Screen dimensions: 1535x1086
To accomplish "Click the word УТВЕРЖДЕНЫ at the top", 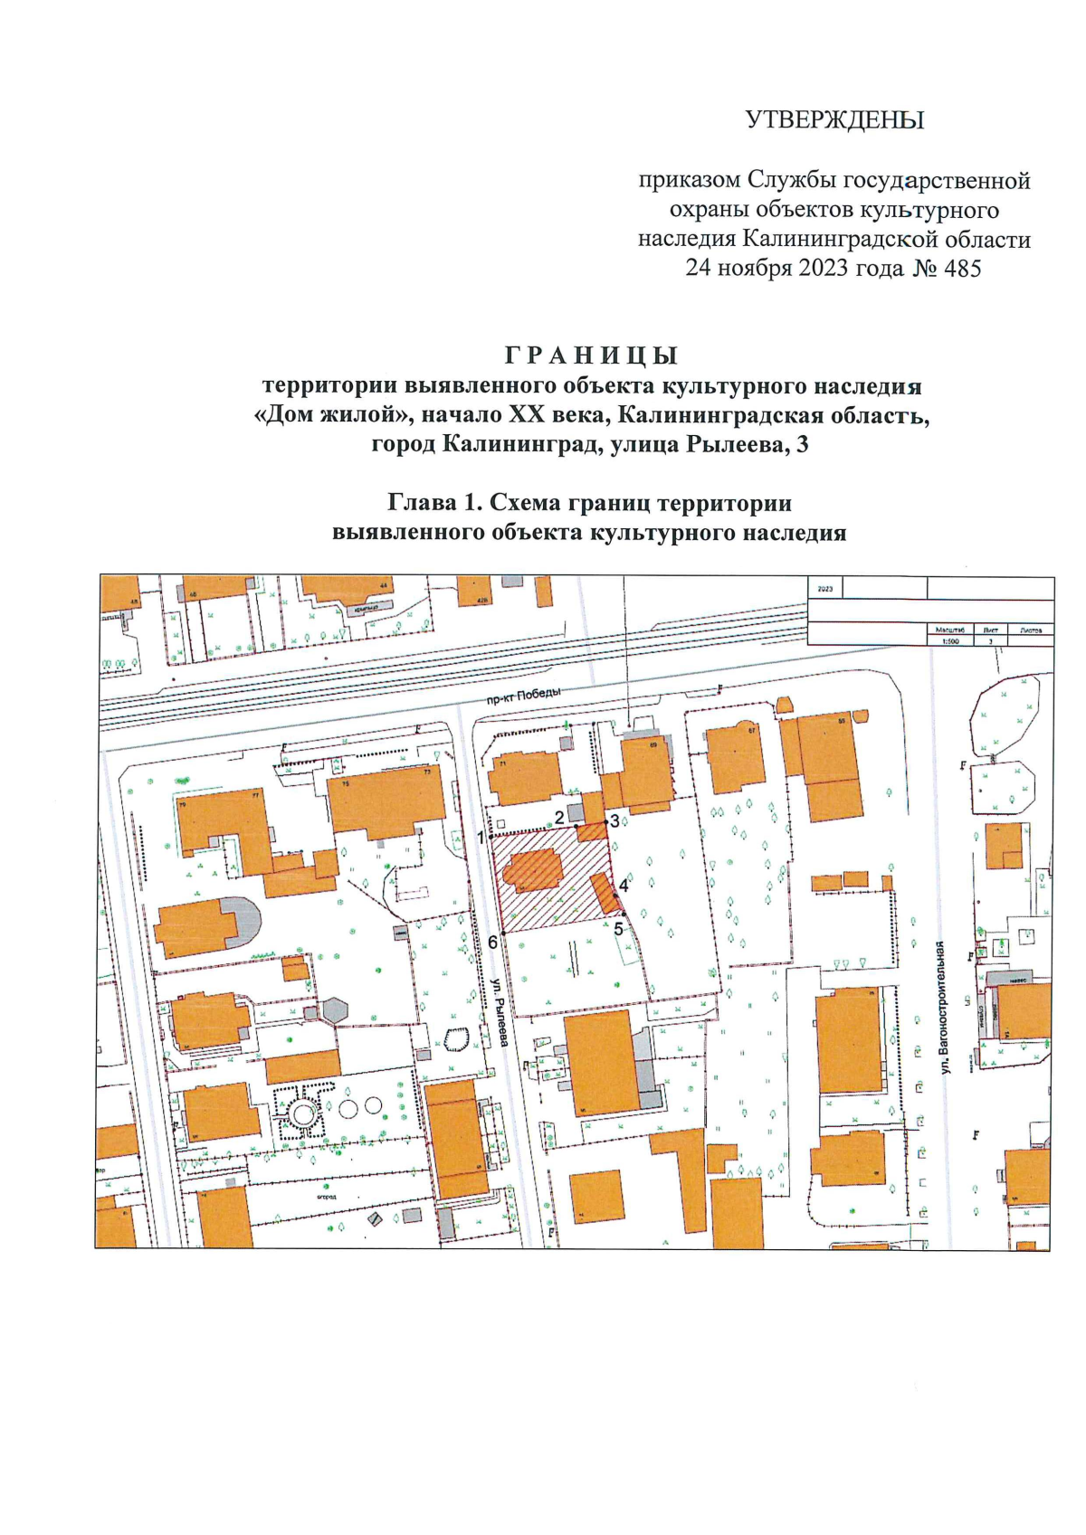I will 834,120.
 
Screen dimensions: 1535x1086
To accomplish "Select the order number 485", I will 961,269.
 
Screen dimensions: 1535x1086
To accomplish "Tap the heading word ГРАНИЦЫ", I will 591,355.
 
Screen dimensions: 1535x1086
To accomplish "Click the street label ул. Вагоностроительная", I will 945,1007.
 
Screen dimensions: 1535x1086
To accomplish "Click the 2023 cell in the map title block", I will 824,589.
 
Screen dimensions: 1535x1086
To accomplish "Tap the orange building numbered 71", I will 525,776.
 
